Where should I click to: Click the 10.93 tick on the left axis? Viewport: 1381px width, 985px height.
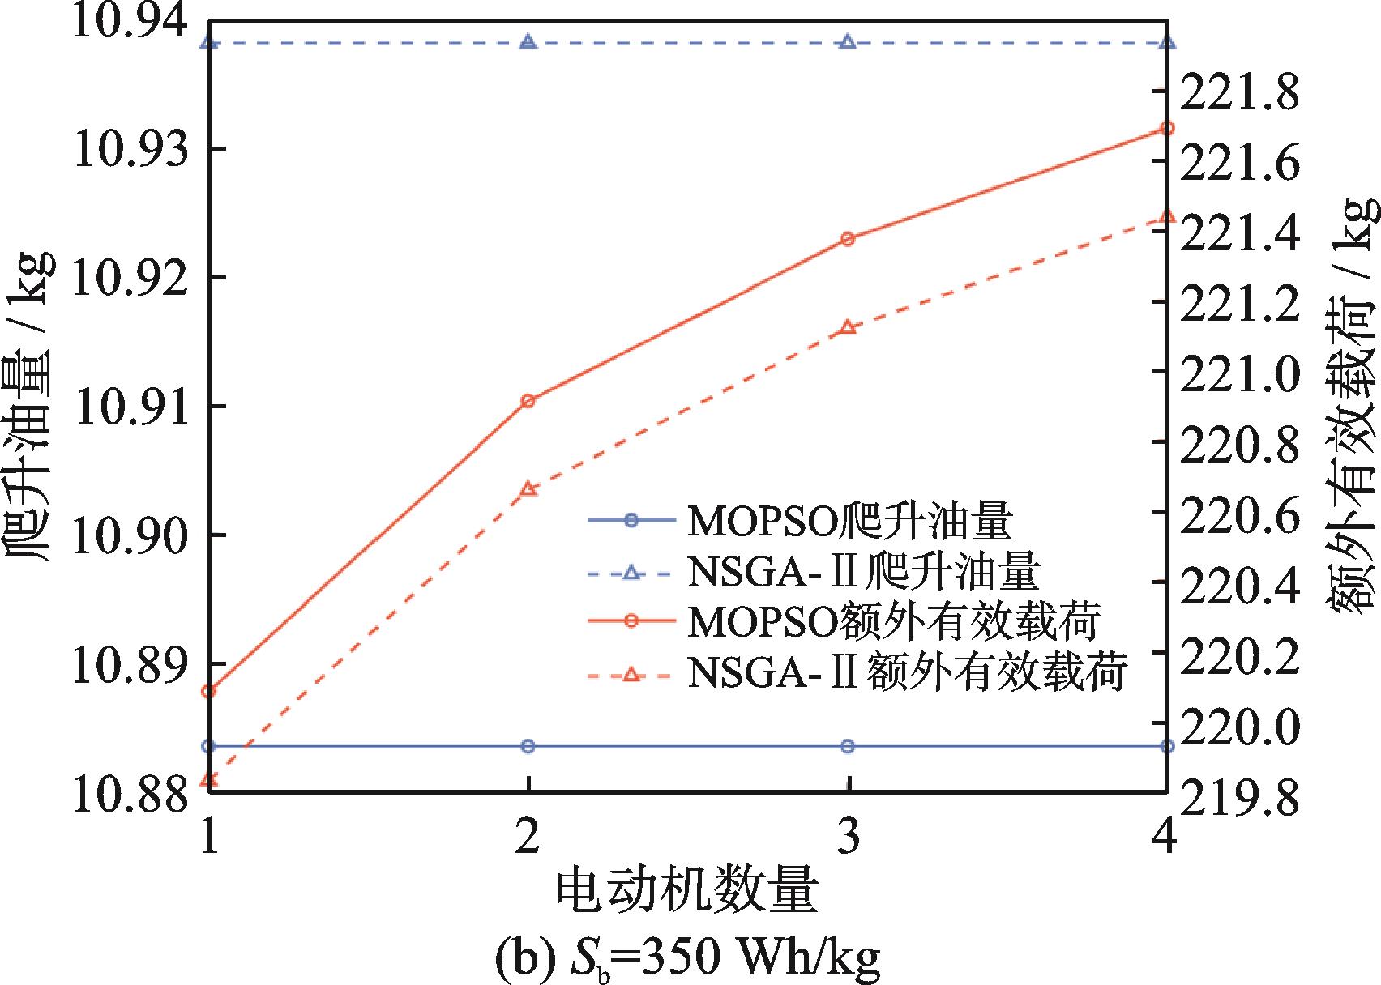130,149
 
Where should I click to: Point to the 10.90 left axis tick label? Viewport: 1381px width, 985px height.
130,535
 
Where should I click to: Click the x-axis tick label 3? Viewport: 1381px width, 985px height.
848,838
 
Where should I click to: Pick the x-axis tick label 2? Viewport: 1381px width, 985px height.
528,838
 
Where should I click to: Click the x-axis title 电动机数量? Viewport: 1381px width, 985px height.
686,893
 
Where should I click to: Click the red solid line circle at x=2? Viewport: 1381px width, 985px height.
528,401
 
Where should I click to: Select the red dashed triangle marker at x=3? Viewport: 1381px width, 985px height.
848,326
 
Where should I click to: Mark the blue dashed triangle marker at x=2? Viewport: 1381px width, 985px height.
528,41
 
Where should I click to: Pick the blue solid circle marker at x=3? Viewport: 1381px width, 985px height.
848,746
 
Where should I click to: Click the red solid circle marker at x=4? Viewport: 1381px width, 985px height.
1167,128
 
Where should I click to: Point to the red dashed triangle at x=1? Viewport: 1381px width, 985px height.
208,779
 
